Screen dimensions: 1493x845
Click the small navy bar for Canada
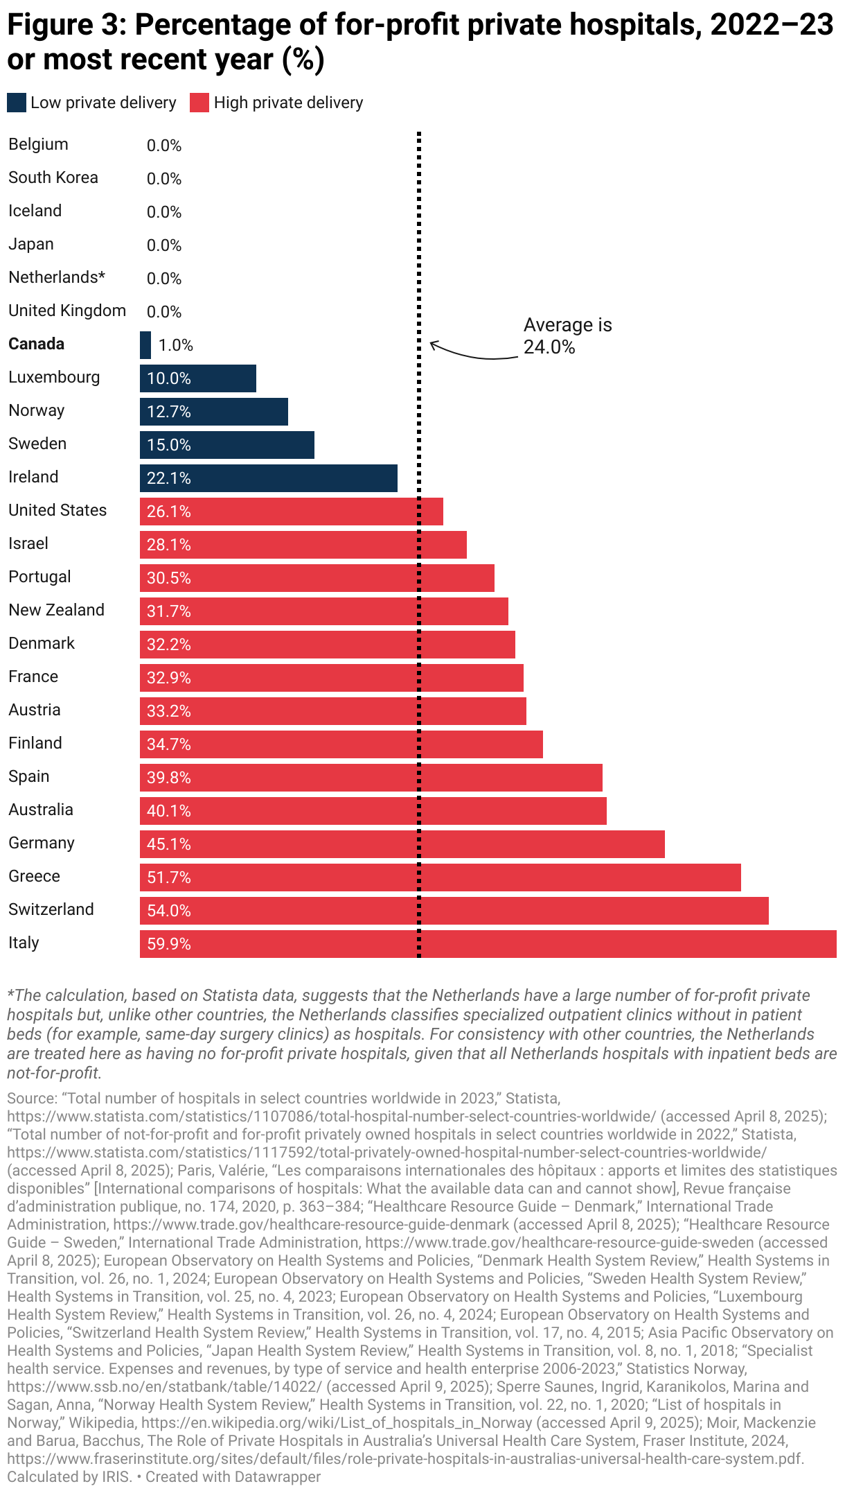pyautogui.click(x=145, y=345)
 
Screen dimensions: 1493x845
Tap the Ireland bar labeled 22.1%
pyautogui.click(x=269, y=478)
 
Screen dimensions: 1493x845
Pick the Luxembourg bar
pyautogui.click(x=198, y=378)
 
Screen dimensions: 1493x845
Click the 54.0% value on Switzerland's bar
pyautogui.click(x=169, y=911)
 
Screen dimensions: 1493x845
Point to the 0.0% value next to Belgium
pyautogui.click(x=164, y=146)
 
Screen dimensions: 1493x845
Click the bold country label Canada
pyautogui.click(x=36, y=344)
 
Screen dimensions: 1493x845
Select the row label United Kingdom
pyautogui.click(x=67, y=311)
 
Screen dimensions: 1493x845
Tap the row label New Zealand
pyautogui.click(x=56, y=610)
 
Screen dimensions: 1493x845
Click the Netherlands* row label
pyautogui.click(x=57, y=277)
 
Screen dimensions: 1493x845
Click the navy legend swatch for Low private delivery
pyautogui.click(x=17, y=103)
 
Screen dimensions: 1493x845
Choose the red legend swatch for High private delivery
pyautogui.click(x=199, y=103)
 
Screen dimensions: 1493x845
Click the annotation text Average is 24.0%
pyautogui.click(x=567, y=335)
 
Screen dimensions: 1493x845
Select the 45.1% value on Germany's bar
pyautogui.click(x=169, y=844)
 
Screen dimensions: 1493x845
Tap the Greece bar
pyautogui.click(x=441, y=878)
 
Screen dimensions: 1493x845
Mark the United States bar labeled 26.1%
pyautogui.click(x=291, y=512)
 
